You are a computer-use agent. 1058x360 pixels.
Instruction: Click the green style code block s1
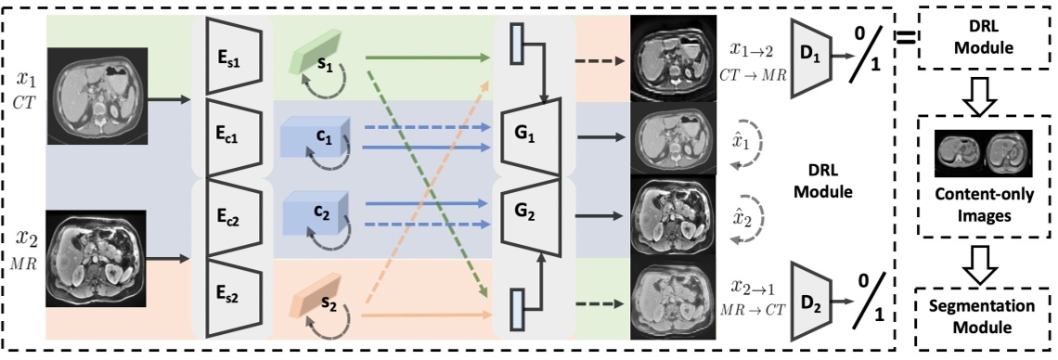tap(320, 57)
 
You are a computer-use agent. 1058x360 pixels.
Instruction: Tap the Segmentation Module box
tap(983, 315)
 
